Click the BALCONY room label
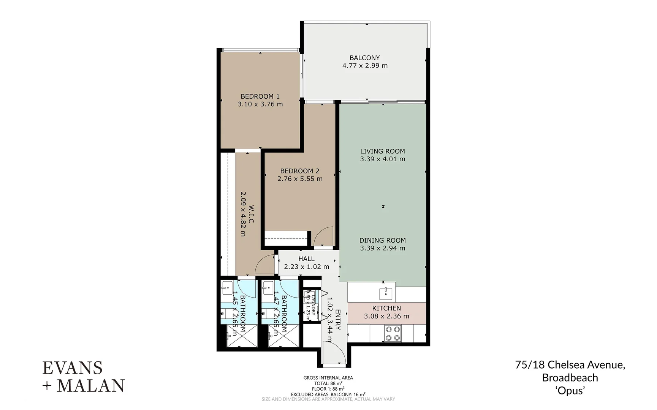[364, 58]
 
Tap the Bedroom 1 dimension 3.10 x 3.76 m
[260, 104]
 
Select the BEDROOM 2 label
[299, 171]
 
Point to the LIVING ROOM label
[382, 151]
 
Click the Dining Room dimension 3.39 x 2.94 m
[382, 248]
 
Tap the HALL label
[306, 259]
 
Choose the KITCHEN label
[386, 308]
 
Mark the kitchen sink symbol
[386, 293]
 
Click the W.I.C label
[251, 214]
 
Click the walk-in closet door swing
[265, 265]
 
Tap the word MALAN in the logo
[91, 386]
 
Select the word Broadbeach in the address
[570, 378]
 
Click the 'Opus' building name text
[570, 390]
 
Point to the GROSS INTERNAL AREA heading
[328, 378]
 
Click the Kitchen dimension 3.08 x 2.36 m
[386, 316]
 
